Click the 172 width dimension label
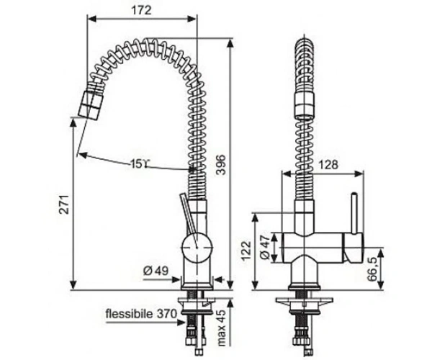tap(141, 10)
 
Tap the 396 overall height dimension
tap(221, 165)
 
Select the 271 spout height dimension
tap(65, 204)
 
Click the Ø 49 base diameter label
tap(156, 271)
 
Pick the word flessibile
tap(129, 313)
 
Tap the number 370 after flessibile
tap(167, 313)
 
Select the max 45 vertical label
tap(221, 328)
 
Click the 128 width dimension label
tap(328, 165)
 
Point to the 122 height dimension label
tap(246, 251)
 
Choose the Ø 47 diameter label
tap(265, 247)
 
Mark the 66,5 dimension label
tap(372, 269)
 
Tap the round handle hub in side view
tap(197, 248)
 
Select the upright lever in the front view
tap(354, 214)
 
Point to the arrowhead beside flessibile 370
tap(181, 323)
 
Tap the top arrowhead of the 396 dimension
tap(230, 43)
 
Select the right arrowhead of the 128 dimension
tap(359, 174)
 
